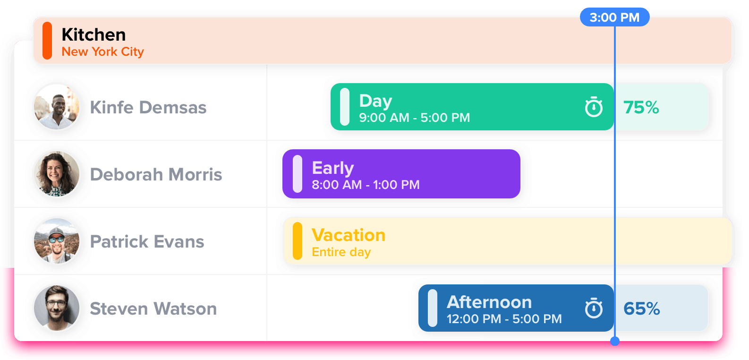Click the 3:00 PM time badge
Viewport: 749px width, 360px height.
[614, 17]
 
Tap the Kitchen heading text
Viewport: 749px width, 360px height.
[94, 35]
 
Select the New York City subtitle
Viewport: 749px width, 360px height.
[102, 51]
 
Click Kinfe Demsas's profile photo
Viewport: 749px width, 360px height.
[57, 107]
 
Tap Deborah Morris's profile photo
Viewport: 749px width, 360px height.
[57, 174]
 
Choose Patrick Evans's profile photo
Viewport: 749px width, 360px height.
[57, 241]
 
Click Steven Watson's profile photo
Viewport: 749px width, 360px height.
[57, 308]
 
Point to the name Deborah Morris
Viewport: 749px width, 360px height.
[156, 174]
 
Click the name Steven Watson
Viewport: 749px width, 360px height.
[153, 309]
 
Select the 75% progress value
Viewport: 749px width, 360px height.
[641, 108]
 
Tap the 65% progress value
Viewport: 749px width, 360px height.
[641, 309]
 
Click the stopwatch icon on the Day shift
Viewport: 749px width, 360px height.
[594, 107]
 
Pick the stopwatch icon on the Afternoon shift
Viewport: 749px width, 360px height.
[594, 308]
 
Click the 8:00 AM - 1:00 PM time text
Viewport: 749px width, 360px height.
[366, 185]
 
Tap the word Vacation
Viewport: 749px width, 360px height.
[349, 235]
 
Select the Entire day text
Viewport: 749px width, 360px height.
[341, 252]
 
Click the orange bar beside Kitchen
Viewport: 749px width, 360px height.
[47, 41]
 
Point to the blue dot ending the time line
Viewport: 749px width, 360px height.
[614, 341]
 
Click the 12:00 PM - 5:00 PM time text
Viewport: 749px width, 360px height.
[504, 319]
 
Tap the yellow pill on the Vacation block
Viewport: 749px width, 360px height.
[298, 241]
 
